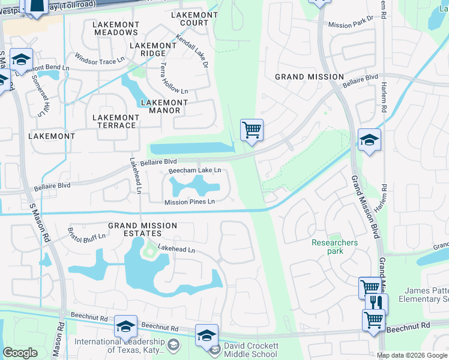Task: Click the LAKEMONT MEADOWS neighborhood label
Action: [x=116, y=28]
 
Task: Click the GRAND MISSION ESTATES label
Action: [x=142, y=230]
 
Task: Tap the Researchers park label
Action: [x=334, y=247]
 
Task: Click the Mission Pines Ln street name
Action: [x=190, y=202]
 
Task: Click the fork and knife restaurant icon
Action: [x=376, y=302]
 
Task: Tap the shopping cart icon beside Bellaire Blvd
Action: [x=252, y=129]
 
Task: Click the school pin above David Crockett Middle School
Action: [x=206, y=335]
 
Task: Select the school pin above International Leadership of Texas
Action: [x=125, y=326]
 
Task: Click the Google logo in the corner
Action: [x=20, y=353]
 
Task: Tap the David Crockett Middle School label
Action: [x=251, y=350]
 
